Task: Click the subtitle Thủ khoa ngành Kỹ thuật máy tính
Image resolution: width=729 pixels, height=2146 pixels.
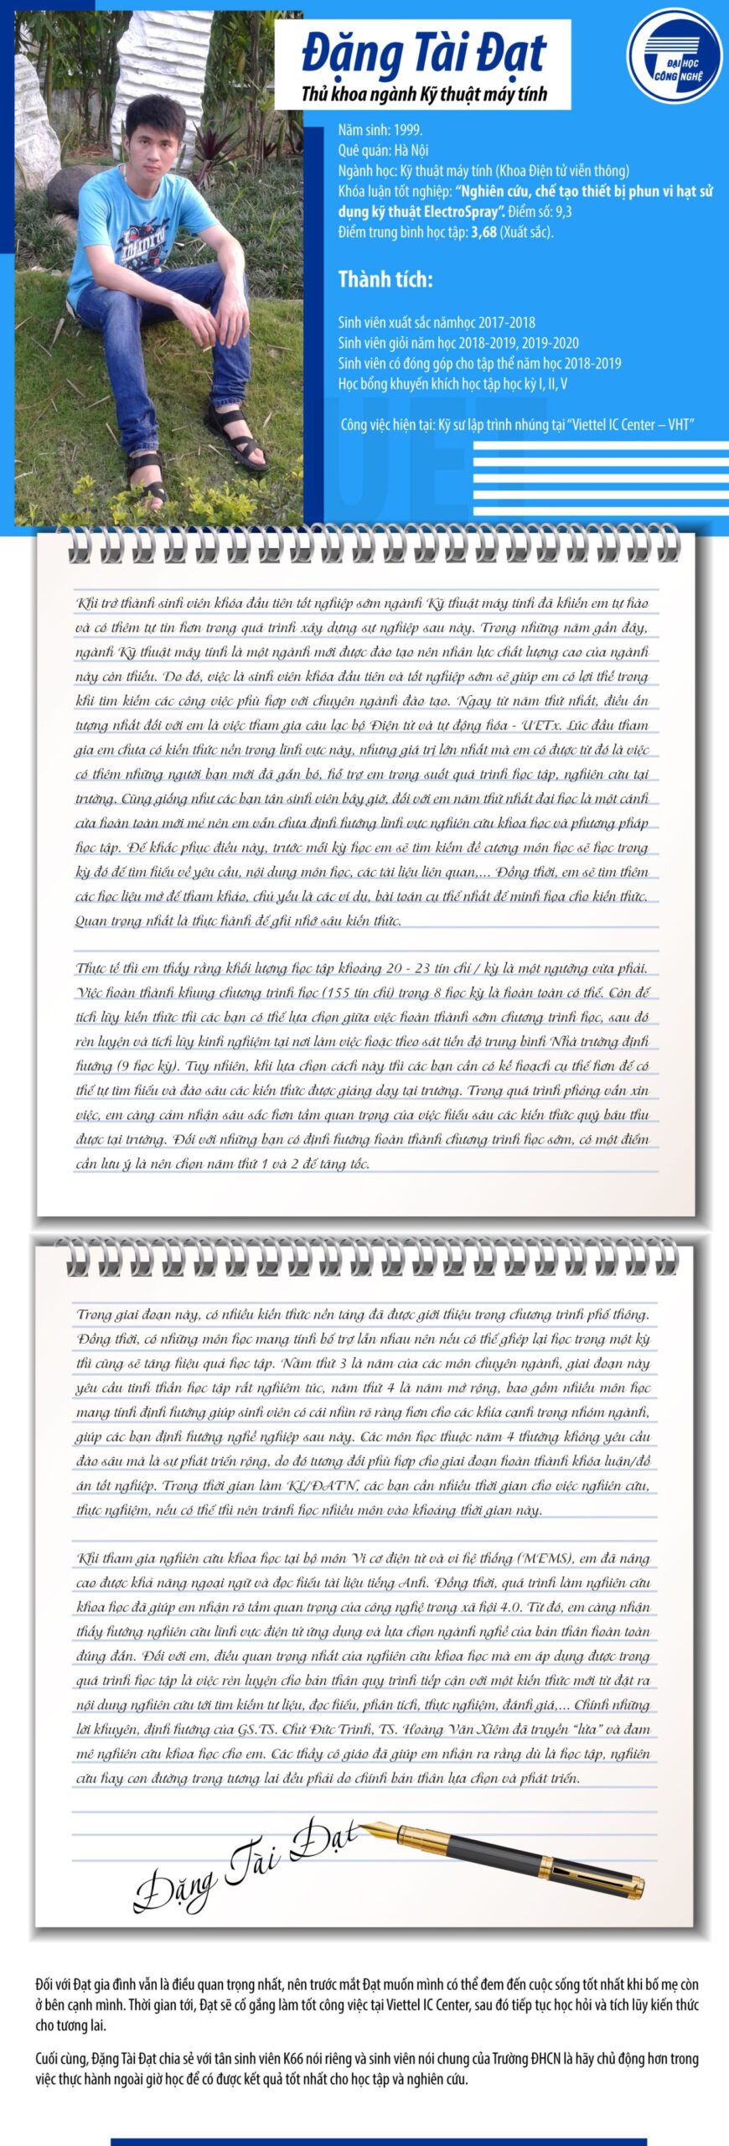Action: (423, 94)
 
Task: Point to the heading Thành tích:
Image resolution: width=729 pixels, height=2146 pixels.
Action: (385, 279)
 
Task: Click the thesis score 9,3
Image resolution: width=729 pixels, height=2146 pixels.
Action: (562, 211)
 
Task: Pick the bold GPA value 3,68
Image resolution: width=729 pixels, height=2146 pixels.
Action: (483, 232)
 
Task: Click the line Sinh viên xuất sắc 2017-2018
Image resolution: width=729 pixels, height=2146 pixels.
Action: (436, 322)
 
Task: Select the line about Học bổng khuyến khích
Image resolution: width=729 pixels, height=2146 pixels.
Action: (452, 384)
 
